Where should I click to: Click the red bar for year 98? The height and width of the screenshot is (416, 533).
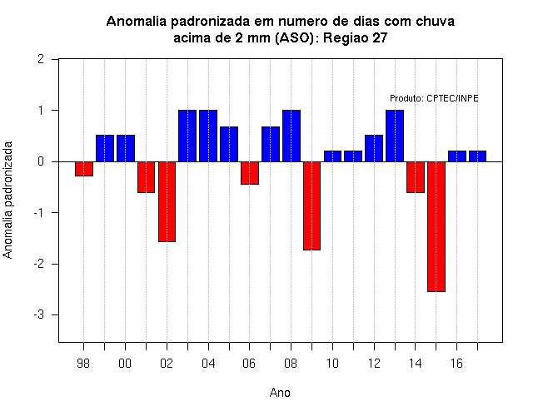pos(84,169)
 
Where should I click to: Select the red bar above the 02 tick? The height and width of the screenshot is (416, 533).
pos(167,201)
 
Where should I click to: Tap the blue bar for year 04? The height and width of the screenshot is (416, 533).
pos(208,136)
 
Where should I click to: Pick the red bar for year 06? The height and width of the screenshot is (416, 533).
pos(250,173)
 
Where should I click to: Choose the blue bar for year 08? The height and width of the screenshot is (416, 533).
pos(291,136)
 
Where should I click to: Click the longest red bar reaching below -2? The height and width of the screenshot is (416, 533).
pos(436,226)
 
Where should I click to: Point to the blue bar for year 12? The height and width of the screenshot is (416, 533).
pos(374,148)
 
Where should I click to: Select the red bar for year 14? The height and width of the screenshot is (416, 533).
pos(416,177)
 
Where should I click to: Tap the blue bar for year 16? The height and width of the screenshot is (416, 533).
pos(457,156)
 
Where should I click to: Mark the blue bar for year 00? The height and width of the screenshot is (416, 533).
pos(126,148)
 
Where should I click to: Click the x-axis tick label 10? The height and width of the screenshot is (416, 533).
pos(332,364)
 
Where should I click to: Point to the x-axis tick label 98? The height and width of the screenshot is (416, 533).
pos(83,364)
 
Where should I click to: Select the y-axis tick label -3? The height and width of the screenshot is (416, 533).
pos(39,314)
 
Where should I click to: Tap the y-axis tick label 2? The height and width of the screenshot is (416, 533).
pos(42,59)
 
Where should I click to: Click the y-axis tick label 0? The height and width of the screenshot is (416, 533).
pos(42,161)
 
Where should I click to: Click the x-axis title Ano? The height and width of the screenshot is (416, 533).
pos(280,393)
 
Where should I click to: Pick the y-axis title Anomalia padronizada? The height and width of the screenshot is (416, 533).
pos(7,200)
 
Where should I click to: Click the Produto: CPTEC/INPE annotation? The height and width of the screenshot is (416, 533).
pos(434,98)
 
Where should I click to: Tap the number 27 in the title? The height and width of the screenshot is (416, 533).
pos(380,38)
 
